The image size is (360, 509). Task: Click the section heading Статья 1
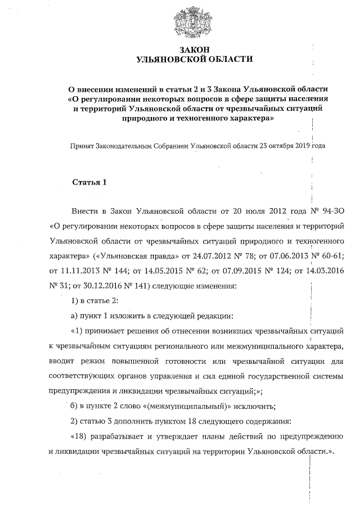click(x=89, y=183)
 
